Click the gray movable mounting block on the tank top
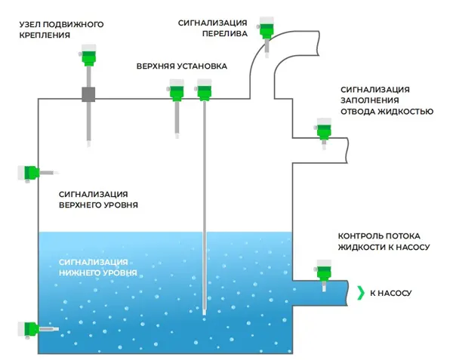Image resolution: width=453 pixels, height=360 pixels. click(89, 96)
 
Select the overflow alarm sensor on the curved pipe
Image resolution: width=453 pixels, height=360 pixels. click(267, 29)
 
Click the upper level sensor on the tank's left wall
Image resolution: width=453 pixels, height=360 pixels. click(28, 173)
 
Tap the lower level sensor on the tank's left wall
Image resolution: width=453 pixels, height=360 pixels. click(29, 329)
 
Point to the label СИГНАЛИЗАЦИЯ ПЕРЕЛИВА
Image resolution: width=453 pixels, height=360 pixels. click(214, 27)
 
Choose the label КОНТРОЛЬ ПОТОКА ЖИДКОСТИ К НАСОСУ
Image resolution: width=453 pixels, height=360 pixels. click(385, 241)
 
